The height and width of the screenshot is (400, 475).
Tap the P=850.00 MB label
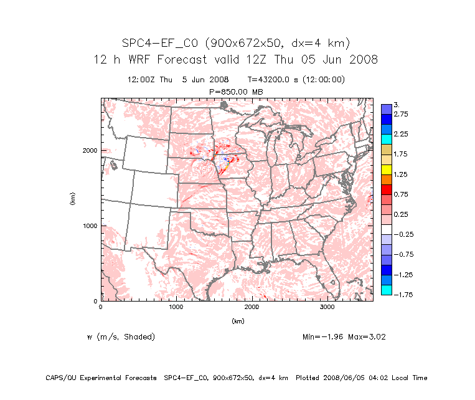point(237,92)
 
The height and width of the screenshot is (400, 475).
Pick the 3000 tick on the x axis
point(327,307)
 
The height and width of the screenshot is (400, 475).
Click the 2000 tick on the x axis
point(252,307)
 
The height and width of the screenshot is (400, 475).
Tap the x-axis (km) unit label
point(237,321)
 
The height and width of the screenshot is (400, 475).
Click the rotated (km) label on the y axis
point(73,199)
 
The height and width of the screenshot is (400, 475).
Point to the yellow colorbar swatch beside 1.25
point(386,169)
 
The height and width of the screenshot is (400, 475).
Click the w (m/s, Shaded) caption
point(121,337)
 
